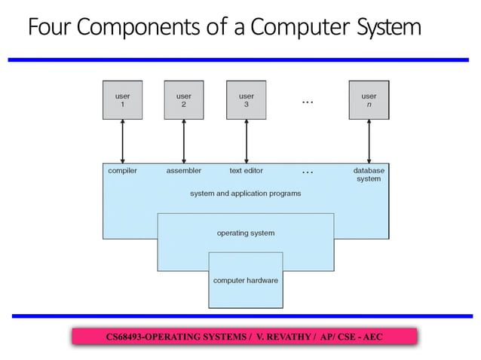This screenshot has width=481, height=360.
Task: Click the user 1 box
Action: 122,101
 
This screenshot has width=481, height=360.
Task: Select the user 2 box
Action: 184,101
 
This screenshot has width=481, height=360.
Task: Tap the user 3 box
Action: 247,101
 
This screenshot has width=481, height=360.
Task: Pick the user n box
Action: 369,101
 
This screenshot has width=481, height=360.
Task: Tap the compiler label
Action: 122,171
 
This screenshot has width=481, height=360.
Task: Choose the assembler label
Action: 184,171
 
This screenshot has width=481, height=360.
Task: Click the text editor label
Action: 247,171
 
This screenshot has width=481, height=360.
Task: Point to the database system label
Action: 369,175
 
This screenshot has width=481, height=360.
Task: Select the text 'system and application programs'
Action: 246,194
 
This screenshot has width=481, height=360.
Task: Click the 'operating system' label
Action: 246,233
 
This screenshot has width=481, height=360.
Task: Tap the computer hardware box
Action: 246,280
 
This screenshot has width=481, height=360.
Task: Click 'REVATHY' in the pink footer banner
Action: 290,336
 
